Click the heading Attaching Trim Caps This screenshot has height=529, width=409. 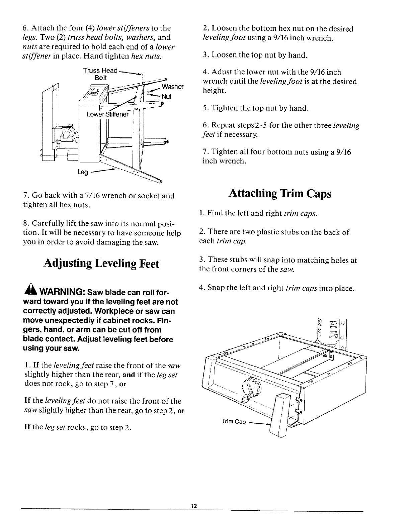coord(280,194)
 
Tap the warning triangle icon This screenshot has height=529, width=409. coord(28,289)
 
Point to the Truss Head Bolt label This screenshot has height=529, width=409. coord(100,74)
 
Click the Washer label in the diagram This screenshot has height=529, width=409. coord(172,87)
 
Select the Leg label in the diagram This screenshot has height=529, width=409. coord(82,173)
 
